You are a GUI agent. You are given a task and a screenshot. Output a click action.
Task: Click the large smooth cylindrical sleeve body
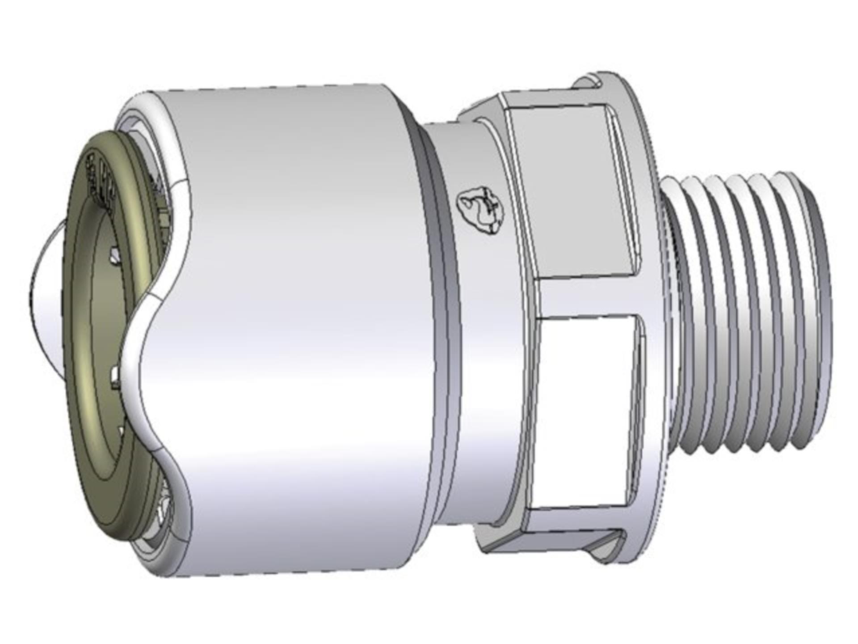(x=295, y=313)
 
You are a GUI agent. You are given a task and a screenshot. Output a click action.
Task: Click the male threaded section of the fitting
(x=751, y=313)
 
